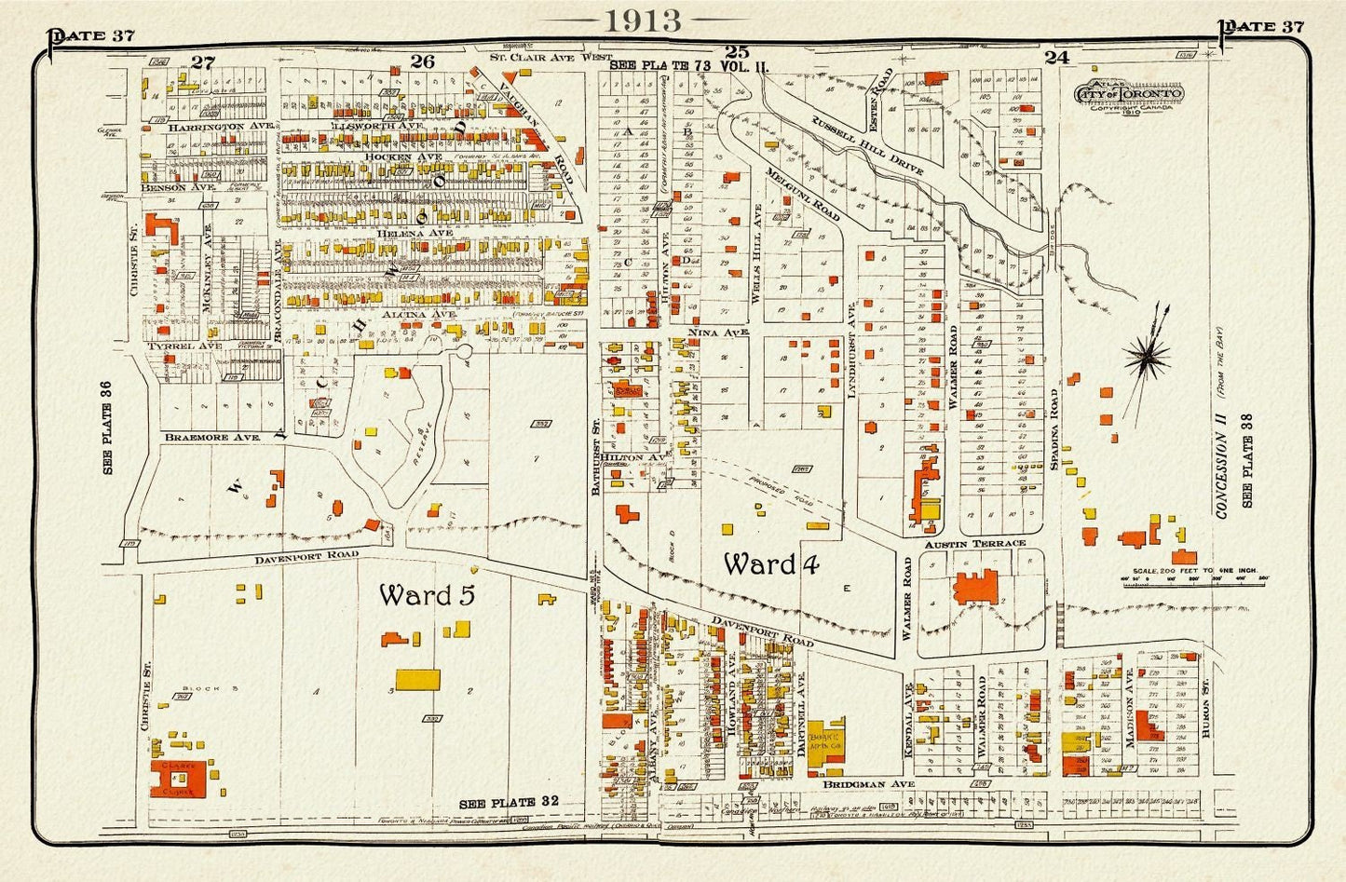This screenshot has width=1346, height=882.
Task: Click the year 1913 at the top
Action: click(642, 20)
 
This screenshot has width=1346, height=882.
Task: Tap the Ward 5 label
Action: click(426, 595)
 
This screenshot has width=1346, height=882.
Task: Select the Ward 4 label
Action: click(771, 563)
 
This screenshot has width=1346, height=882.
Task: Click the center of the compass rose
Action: click(1148, 354)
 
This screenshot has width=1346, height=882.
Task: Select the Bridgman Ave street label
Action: click(869, 784)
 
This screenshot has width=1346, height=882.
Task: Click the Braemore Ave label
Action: click(210, 436)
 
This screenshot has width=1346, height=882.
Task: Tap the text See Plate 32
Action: click(509, 802)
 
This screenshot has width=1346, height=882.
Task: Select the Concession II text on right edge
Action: click(1223, 466)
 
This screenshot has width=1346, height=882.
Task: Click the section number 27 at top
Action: click(203, 62)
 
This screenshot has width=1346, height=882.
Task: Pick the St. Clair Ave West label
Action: click(547, 57)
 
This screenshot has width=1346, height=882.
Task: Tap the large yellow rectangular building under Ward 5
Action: click(417, 679)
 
